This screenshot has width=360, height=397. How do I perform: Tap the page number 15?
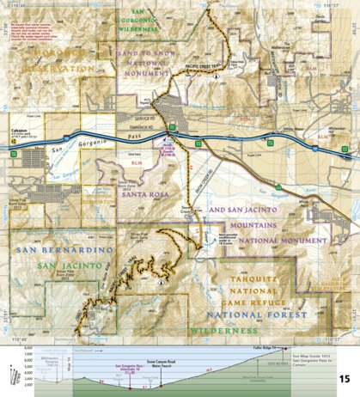coord(343,378)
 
